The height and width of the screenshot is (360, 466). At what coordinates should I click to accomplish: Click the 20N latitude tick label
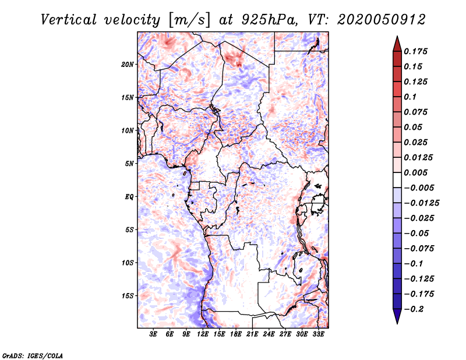point(127,64)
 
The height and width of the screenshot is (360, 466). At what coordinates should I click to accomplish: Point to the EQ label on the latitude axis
point(129,197)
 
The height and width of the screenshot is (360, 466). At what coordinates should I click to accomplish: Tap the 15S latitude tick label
point(127,296)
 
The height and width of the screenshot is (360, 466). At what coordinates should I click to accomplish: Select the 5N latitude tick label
point(129,164)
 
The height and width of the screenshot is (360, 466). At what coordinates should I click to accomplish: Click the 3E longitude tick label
point(153,334)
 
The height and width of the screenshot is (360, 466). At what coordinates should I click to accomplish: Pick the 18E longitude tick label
point(236,334)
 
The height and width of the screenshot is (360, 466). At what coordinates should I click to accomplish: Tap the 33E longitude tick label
point(318,334)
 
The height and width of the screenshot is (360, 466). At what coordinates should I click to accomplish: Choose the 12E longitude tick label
point(203,334)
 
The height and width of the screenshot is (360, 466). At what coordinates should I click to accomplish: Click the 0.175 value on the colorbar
point(415,51)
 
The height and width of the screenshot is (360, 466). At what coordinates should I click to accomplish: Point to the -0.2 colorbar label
point(414,309)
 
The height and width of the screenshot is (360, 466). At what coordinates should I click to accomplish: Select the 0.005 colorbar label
point(415,172)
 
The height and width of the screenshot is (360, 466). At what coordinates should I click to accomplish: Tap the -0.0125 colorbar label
point(421,203)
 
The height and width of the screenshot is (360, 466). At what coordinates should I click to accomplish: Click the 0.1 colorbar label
point(410,97)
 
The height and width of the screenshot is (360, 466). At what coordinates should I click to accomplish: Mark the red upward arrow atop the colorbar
point(397,44)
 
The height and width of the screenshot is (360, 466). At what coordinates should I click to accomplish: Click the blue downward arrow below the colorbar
point(397,316)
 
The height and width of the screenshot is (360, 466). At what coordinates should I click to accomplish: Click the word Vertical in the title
point(69,20)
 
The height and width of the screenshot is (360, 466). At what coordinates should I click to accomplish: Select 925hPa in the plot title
point(270,20)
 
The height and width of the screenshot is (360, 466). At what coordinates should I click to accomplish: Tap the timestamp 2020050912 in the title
point(382,20)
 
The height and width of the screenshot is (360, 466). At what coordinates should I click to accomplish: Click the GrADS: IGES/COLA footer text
point(33,356)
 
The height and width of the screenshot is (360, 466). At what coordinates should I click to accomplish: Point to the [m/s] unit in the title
point(189,20)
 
